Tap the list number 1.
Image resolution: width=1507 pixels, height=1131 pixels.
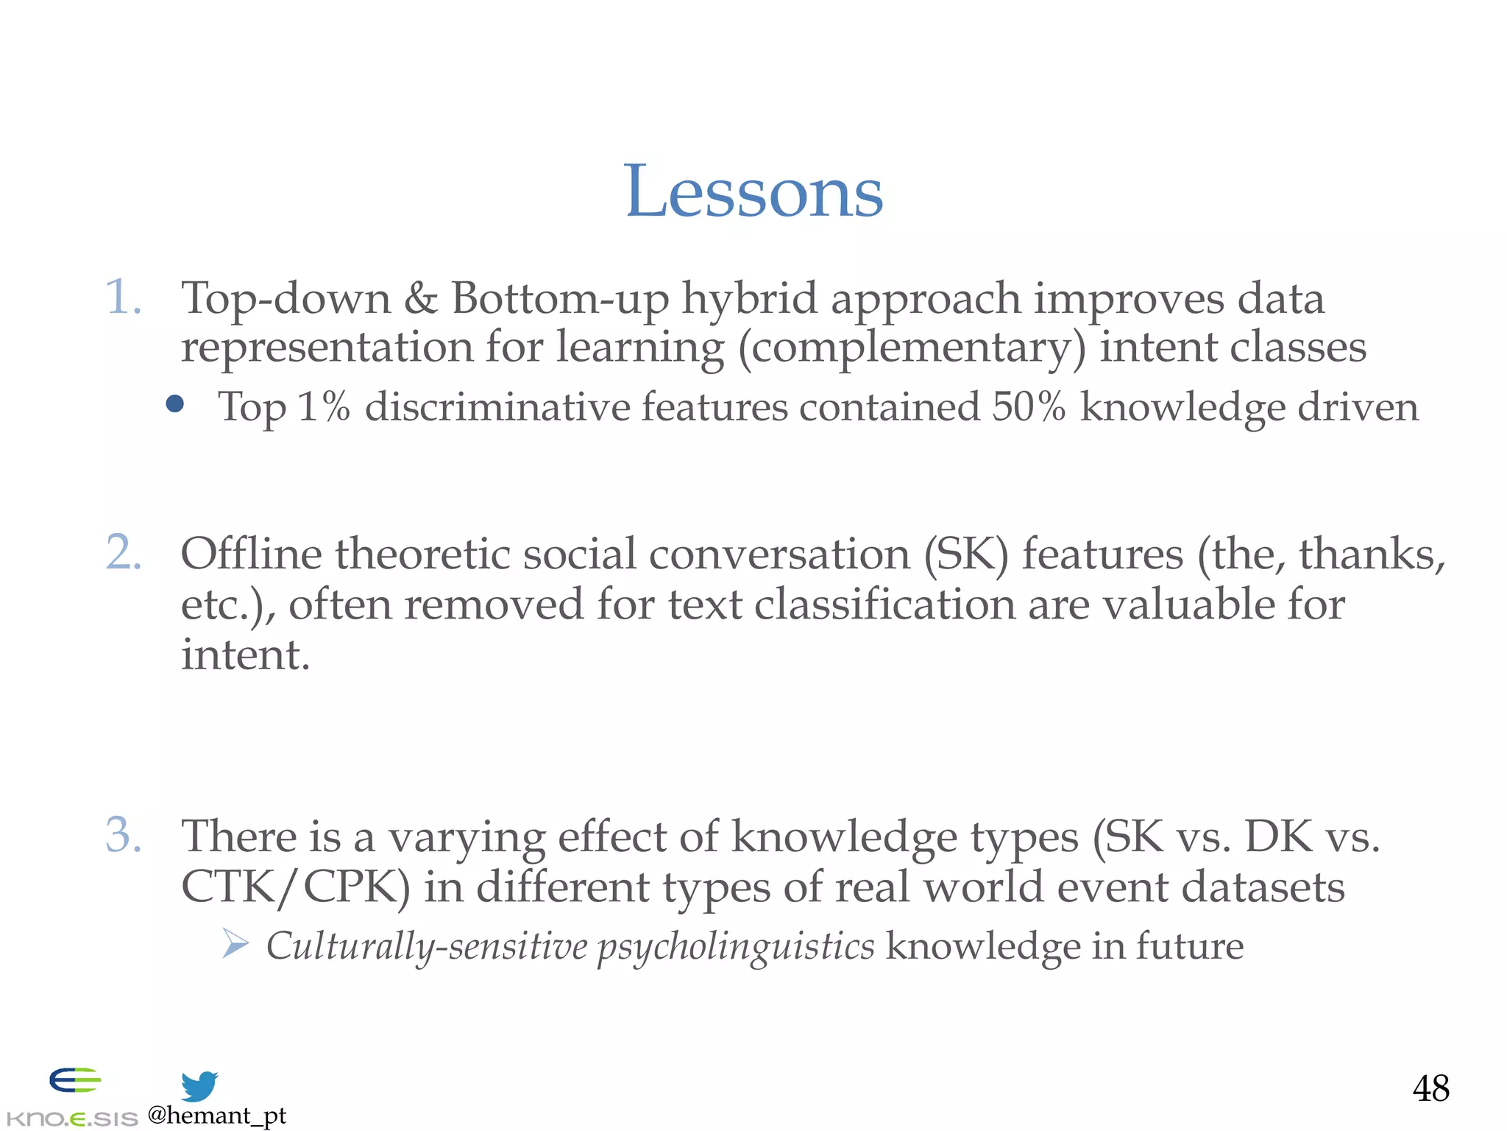click(x=123, y=298)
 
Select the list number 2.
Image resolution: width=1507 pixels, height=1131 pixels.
click(x=124, y=553)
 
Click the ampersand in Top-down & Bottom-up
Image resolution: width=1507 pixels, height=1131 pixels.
click(x=420, y=299)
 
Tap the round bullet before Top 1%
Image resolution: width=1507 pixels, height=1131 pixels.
click(x=175, y=404)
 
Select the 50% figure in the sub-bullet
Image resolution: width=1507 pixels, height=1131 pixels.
click(x=1028, y=406)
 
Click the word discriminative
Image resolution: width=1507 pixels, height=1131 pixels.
click(x=497, y=406)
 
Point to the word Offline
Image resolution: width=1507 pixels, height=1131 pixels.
click(x=251, y=554)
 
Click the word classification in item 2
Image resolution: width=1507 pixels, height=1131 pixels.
click(x=884, y=605)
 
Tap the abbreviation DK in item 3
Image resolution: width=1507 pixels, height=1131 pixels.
click(x=1278, y=837)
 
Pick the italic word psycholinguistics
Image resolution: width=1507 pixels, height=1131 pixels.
click(x=736, y=947)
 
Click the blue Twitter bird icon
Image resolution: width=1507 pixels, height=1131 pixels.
click(x=199, y=1086)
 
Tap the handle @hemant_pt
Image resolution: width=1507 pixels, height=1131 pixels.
click(x=217, y=1116)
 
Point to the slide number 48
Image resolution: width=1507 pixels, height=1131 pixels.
click(x=1430, y=1088)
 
